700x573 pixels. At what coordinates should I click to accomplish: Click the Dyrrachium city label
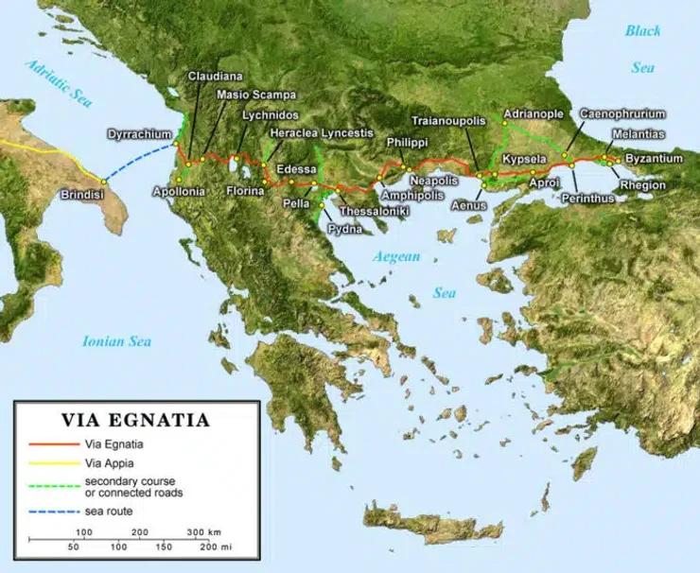tap(139, 134)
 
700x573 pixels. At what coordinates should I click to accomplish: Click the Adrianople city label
tap(534, 114)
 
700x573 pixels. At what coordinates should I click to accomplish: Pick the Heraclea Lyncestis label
tap(322, 133)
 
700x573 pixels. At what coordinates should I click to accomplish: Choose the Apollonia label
tap(179, 192)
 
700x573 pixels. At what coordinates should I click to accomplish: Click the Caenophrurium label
tap(622, 114)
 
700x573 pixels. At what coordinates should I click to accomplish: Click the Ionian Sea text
tap(117, 341)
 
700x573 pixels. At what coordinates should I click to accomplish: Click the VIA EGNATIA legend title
tap(135, 420)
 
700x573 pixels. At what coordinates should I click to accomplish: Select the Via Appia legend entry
tap(109, 463)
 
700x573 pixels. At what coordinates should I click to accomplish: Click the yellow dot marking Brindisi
tap(102, 180)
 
